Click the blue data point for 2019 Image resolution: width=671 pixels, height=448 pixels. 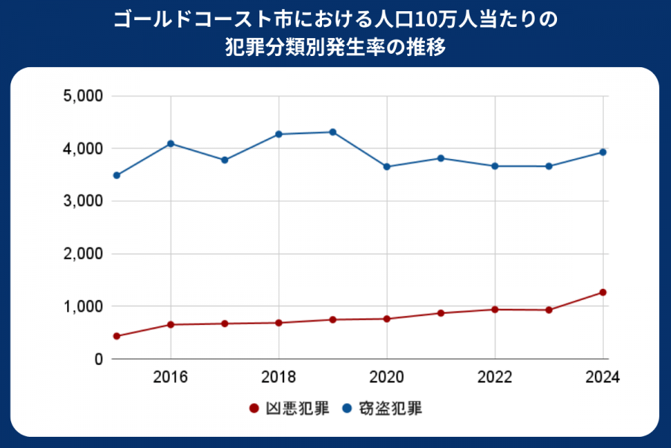333,132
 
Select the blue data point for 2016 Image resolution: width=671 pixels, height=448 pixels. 171,143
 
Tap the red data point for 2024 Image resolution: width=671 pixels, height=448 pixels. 602,292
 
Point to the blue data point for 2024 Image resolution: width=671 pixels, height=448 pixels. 602,152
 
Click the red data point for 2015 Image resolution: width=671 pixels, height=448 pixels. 116,336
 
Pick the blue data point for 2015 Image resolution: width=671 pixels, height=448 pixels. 116,175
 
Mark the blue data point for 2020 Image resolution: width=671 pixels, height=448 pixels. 387,167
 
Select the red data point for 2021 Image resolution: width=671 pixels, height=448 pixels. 441,313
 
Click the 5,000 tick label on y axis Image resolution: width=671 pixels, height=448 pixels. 82,96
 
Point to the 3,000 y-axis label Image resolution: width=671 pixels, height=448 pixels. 82,202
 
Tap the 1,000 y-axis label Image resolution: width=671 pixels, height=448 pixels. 82,306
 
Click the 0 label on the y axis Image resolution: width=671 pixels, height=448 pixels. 97,359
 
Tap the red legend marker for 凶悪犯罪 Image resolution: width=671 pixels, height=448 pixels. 253,408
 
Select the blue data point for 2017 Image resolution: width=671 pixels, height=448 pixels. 224,160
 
